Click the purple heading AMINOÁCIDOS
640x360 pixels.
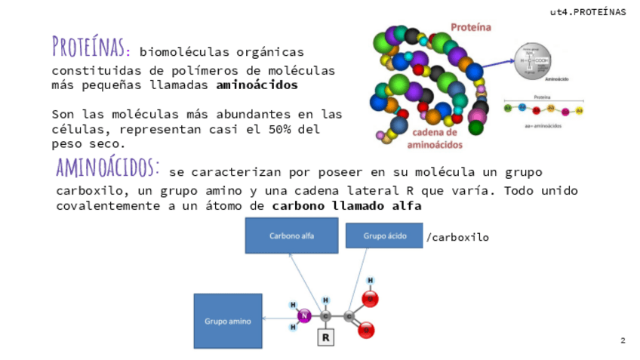107,166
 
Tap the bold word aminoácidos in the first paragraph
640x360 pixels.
257,85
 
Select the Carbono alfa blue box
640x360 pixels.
291,235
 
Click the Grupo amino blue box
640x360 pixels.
227,321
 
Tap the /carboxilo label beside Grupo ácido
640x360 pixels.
457,237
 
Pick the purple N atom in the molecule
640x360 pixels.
305,316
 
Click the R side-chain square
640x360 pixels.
325,337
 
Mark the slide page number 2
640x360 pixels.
623,340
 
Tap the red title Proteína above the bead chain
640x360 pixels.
471,28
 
